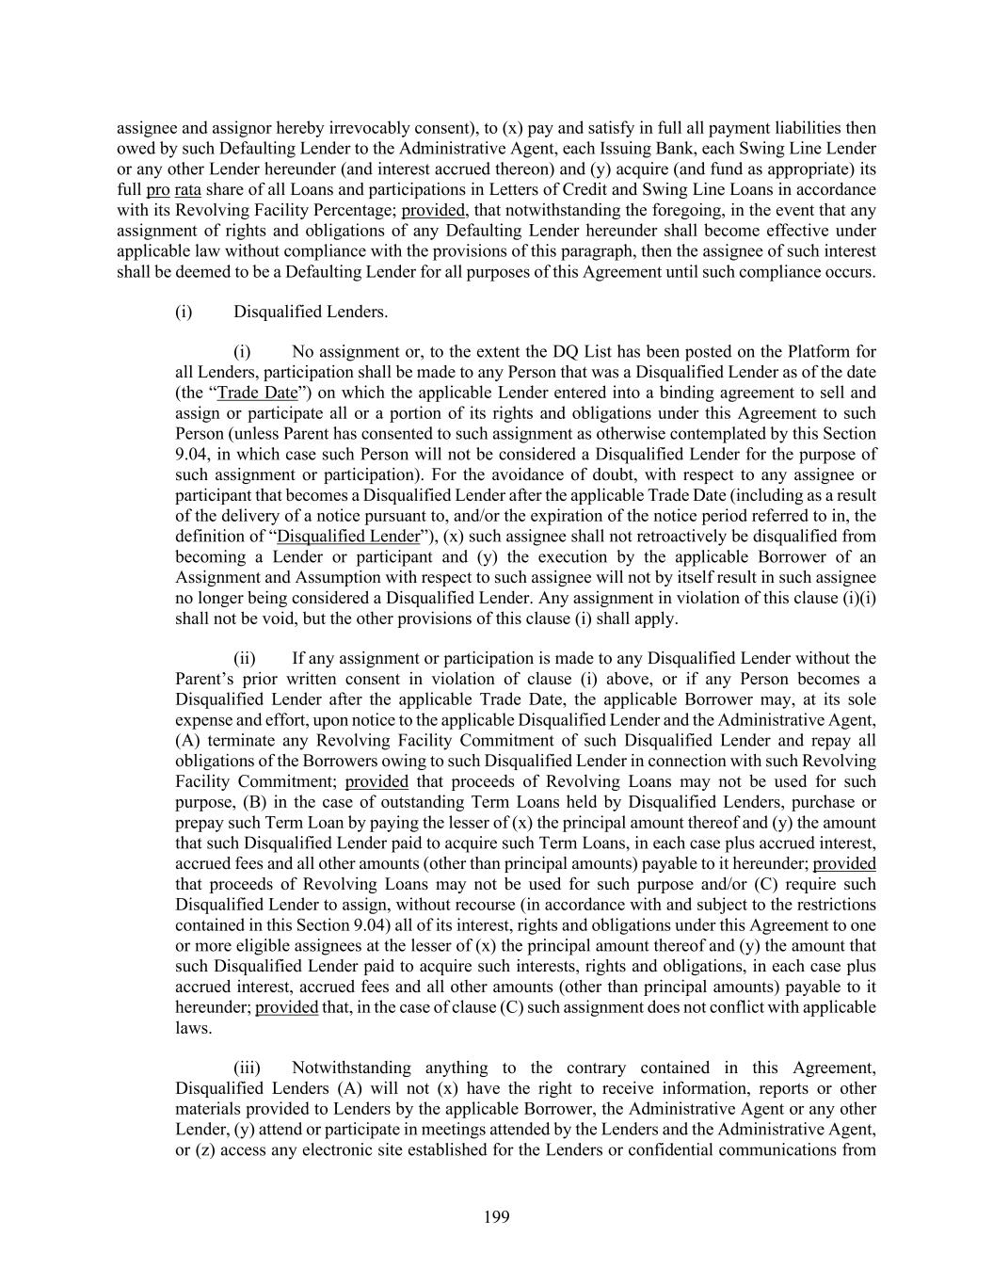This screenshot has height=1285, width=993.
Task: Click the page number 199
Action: pyautogui.click(x=496, y=1217)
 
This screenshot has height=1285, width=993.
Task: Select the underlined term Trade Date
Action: pyautogui.click(x=256, y=394)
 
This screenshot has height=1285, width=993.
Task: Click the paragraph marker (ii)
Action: pyautogui.click(x=246, y=659)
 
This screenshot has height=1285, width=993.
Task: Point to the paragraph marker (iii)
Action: pyautogui.click(x=247, y=1068)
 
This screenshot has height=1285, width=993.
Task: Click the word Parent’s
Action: pyautogui.click(x=205, y=680)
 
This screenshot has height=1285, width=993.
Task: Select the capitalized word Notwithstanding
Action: pyautogui.click(x=351, y=1068)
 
